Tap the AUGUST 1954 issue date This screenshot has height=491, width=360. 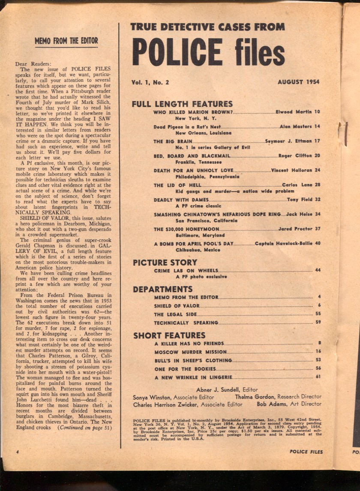click(298, 82)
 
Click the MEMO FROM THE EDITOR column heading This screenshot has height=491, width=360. click(66, 41)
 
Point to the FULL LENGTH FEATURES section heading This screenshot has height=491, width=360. click(182, 104)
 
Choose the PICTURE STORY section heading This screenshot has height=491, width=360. click(165, 262)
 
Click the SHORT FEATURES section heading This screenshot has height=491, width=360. click(169, 335)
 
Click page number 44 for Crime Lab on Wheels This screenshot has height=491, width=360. click(318, 270)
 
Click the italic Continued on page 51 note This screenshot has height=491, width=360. click(85, 427)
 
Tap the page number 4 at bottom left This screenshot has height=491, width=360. click(17, 452)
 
